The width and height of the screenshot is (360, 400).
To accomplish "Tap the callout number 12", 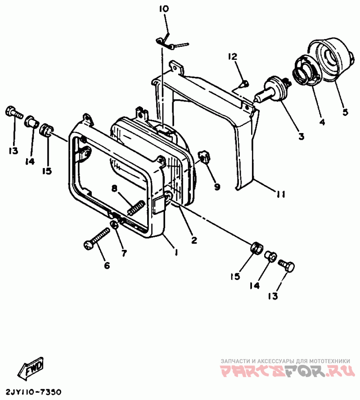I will pos(232,57).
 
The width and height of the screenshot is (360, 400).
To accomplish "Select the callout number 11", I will pos(281,195).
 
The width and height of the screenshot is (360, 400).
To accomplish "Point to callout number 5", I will pos(345,112).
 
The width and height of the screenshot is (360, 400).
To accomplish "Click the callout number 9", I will pos(217,186).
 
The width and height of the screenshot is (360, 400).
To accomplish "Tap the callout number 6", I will pos(107,265).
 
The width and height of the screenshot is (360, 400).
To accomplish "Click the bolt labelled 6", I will pos(97,238).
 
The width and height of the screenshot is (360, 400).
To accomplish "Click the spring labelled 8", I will pos(135,208).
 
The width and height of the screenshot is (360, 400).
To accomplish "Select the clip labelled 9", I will pos(204,157).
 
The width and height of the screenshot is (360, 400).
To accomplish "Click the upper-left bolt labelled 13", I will pos(13,112).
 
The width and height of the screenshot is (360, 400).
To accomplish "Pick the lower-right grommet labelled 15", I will pos(256,248).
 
